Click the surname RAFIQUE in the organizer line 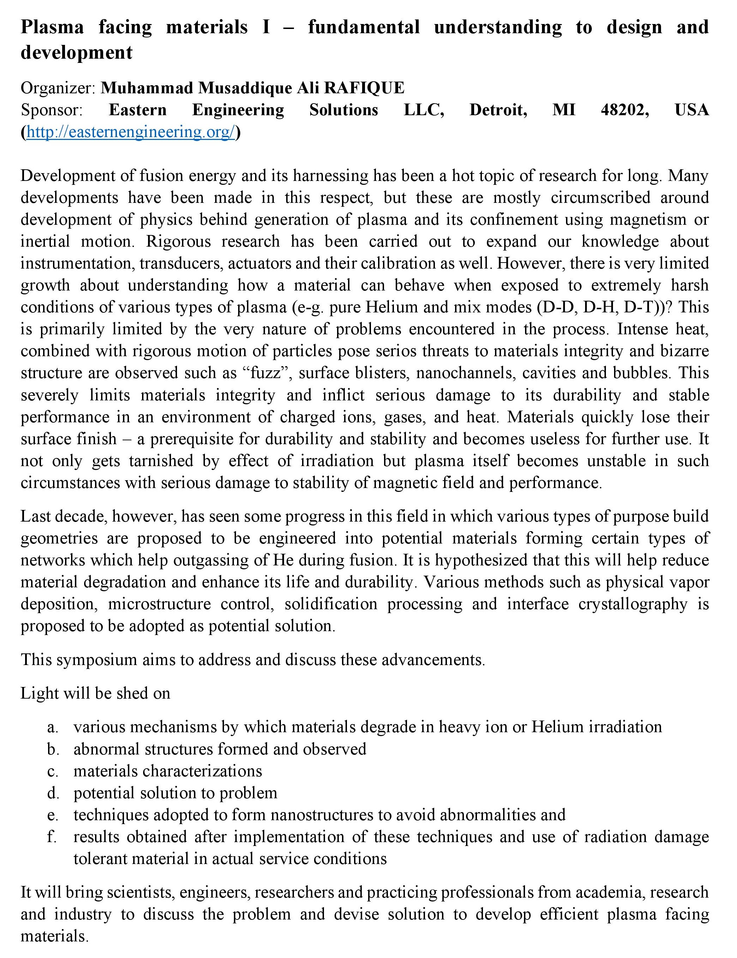(364, 88)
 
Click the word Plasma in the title (52, 27)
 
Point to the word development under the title (76, 53)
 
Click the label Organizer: (58, 88)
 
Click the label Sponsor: (51, 110)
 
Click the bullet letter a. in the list (53, 727)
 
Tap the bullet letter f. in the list (52, 837)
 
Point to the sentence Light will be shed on (95, 693)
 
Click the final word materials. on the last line (54, 936)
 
